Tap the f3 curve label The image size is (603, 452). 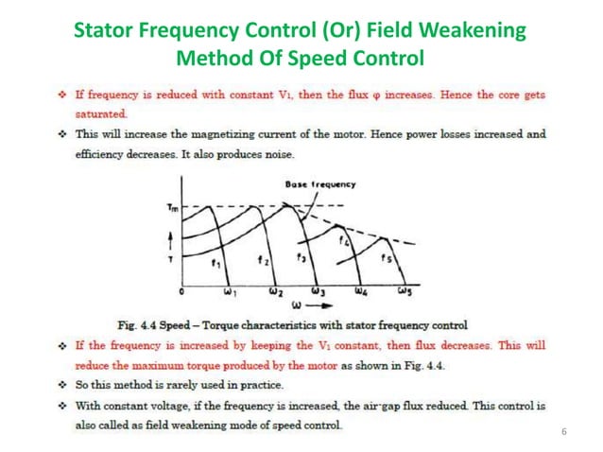coord(301,256)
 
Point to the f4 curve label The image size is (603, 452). coord(345,241)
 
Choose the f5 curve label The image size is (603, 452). coord(385,257)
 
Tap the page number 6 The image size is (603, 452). coord(562,433)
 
